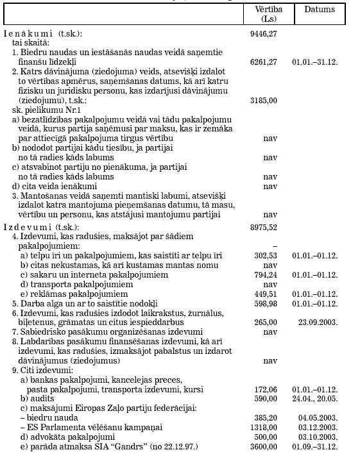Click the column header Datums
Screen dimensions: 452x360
(319, 10)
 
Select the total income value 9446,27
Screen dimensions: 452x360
(264, 33)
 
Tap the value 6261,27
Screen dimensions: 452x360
(264, 62)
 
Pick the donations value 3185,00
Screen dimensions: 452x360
(264, 100)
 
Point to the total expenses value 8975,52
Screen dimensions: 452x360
(264, 227)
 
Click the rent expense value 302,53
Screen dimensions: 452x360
(266, 255)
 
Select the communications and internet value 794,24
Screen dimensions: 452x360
(266, 274)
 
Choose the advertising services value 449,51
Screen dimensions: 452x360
(266, 294)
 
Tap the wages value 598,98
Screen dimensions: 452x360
(266, 303)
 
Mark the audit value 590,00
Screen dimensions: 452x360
(266, 398)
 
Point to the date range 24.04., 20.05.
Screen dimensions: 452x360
(319, 398)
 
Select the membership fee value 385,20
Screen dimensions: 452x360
(266, 417)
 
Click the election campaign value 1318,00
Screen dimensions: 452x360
(264, 427)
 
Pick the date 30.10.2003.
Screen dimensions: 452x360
(319, 437)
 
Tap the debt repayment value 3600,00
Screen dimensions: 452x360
(264, 446)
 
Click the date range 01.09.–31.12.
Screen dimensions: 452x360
(319, 446)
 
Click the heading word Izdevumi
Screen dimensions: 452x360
(29, 227)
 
